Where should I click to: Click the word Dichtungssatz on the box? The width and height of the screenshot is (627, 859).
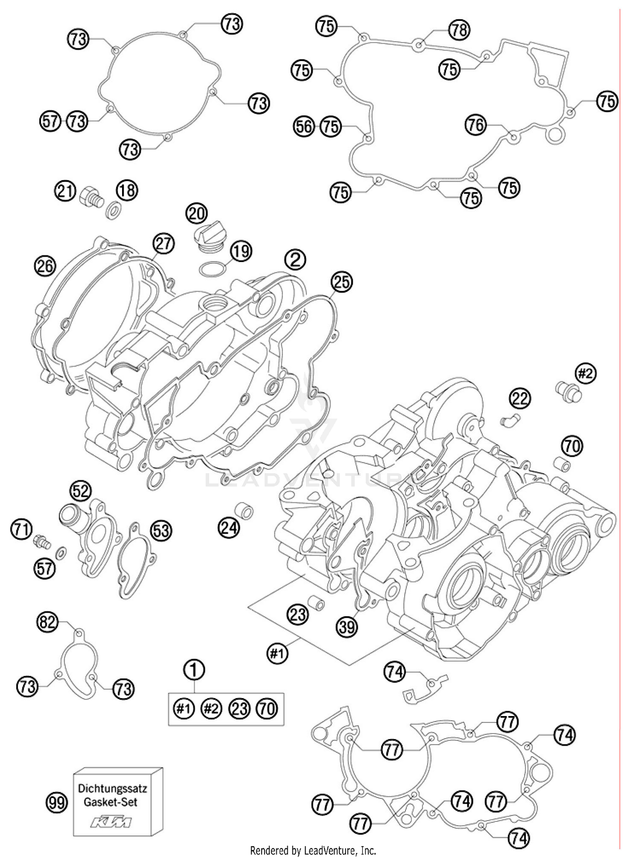click(x=112, y=788)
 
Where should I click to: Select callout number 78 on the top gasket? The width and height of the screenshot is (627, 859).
click(x=459, y=30)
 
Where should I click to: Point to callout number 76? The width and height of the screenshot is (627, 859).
click(x=476, y=125)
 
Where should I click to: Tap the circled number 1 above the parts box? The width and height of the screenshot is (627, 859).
click(x=194, y=670)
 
